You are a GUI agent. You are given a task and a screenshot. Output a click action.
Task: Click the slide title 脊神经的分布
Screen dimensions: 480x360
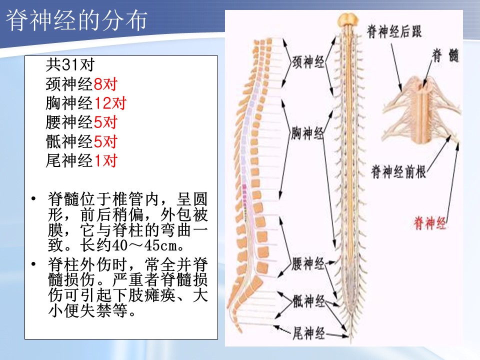tap(76, 20)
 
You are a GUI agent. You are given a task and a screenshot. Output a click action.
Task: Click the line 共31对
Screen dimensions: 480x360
tap(70, 64)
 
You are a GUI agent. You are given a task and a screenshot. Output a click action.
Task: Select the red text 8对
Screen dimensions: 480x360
tap(105, 84)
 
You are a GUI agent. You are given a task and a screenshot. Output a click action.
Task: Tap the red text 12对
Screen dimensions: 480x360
tap(110, 103)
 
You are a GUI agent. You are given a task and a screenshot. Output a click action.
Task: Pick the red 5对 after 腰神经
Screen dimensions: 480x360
tap(105, 122)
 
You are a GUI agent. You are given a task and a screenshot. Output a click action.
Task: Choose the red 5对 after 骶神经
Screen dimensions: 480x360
tap(105, 141)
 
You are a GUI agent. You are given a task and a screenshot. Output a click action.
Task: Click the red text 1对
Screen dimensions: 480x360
tap(105, 160)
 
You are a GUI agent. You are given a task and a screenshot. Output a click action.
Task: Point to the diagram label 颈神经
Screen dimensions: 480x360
tap(308, 62)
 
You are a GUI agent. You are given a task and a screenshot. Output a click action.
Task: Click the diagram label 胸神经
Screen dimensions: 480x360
tap(307, 133)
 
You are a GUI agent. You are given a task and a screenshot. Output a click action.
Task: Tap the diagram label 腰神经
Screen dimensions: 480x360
tap(308, 264)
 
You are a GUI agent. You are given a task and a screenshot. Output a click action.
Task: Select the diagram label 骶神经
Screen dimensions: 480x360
tap(308, 301)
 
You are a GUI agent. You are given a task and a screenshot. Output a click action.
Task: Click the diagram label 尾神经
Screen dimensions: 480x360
tap(308, 333)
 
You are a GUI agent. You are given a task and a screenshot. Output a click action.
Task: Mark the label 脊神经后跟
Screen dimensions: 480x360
tap(394, 31)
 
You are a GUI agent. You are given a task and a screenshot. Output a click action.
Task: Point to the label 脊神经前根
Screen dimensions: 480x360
tap(398, 171)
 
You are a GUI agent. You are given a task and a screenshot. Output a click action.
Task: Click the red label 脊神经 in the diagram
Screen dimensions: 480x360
tap(429, 223)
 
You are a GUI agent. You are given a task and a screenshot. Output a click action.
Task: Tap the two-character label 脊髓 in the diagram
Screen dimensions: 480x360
tap(445, 56)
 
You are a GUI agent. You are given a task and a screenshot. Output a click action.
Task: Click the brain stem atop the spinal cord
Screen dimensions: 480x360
tap(348, 20)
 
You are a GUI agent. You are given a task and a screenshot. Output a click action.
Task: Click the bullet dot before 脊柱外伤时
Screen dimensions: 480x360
tap(33, 263)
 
